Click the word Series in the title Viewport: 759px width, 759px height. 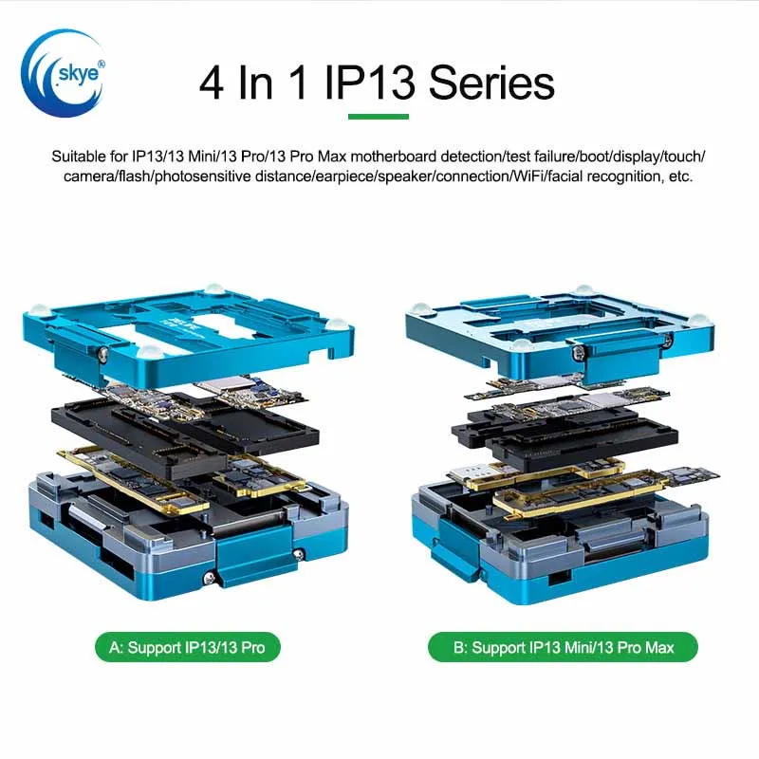pyautogui.click(x=491, y=83)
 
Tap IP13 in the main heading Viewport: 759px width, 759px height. pyautogui.click(x=369, y=83)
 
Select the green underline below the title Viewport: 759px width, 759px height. pyautogui.click(x=379, y=117)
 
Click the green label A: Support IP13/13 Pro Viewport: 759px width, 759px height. pyautogui.click(x=188, y=648)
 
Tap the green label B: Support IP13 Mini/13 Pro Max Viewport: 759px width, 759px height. pyautogui.click(x=563, y=648)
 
